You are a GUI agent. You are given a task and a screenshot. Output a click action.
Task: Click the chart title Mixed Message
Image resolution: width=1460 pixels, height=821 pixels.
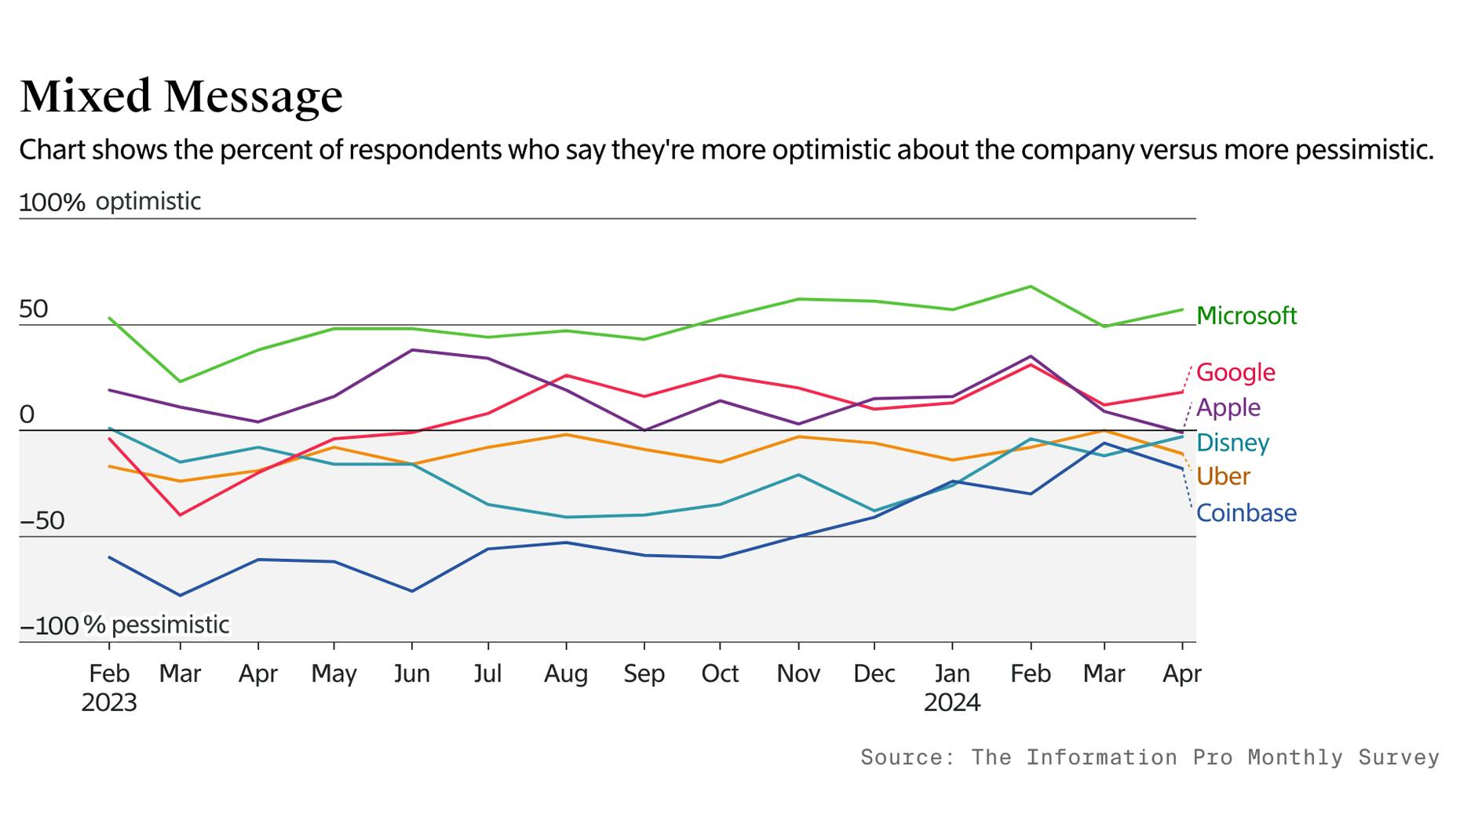click(x=181, y=97)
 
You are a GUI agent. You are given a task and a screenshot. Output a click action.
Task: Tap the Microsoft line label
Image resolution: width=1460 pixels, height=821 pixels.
click(x=1246, y=316)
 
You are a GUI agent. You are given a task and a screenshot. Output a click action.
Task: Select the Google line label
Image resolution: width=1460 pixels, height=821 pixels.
click(x=1236, y=372)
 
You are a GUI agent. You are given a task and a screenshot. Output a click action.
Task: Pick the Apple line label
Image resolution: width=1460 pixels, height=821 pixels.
click(x=1228, y=407)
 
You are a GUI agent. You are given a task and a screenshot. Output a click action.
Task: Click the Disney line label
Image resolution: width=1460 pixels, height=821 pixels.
click(x=1232, y=443)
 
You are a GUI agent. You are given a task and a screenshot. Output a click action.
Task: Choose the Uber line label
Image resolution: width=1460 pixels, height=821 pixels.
click(x=1223, y=476)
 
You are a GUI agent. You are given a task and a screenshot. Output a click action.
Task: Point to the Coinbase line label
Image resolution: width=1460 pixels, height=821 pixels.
click(x=1246, y=513)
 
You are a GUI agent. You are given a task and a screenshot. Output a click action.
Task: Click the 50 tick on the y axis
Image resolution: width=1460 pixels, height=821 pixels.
click(x=34, y=309)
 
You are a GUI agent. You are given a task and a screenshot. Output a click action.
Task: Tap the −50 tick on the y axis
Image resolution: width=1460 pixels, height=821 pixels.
click(x=42, y=521)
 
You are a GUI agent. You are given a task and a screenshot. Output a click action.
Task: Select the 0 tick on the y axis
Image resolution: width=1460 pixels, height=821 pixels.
click(x=27, y=414)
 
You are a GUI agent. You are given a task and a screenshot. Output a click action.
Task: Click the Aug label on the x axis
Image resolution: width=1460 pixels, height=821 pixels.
click(x=565, y=673)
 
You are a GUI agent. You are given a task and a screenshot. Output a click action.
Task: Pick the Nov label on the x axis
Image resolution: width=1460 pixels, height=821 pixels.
click(x=798, y=673)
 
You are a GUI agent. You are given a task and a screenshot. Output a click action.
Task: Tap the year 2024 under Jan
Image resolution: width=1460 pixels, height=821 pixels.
click(x=951, y=702)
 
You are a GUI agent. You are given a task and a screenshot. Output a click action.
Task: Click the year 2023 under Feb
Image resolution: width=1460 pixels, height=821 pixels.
click(x=109, y=702)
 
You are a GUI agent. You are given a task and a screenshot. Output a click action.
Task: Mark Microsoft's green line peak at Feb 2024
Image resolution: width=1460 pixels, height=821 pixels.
click(x=1030, y=286)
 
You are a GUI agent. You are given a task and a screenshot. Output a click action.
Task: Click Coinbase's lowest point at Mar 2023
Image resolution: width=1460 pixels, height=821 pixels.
click(x=181, y=596)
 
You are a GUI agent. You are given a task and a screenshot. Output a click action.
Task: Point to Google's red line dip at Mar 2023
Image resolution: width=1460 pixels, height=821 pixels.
click(x=181, y=515)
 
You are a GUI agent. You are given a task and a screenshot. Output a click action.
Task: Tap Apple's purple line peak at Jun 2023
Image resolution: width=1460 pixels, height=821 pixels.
click(x=412, y=350)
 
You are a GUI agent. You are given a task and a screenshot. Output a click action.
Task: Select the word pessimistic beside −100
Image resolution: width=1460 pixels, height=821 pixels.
click(x=170, y=625)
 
